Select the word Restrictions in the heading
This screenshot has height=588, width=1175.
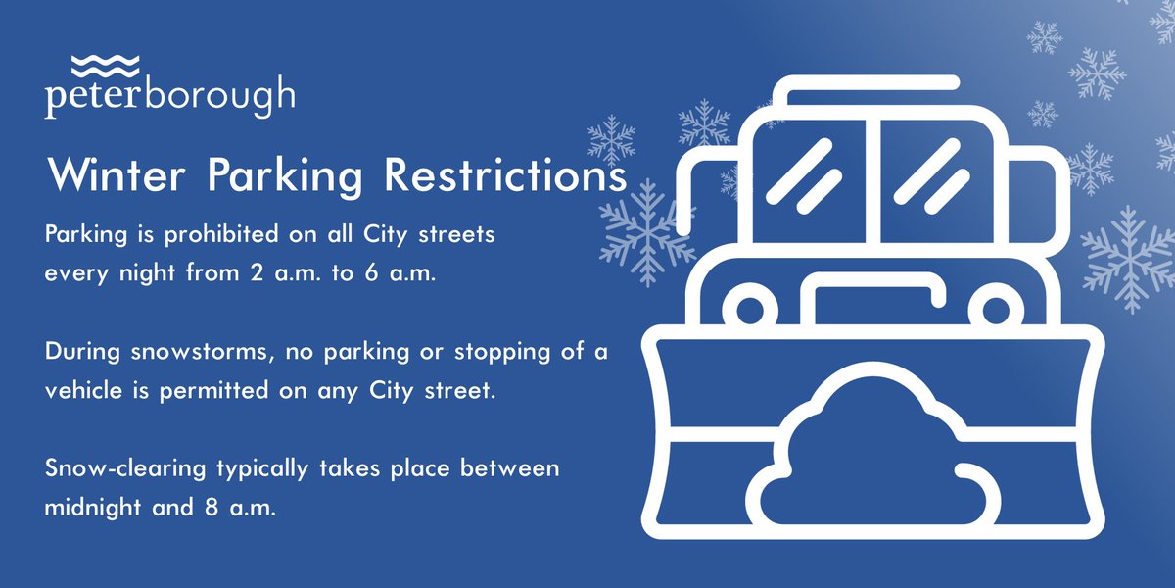[504, 176]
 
